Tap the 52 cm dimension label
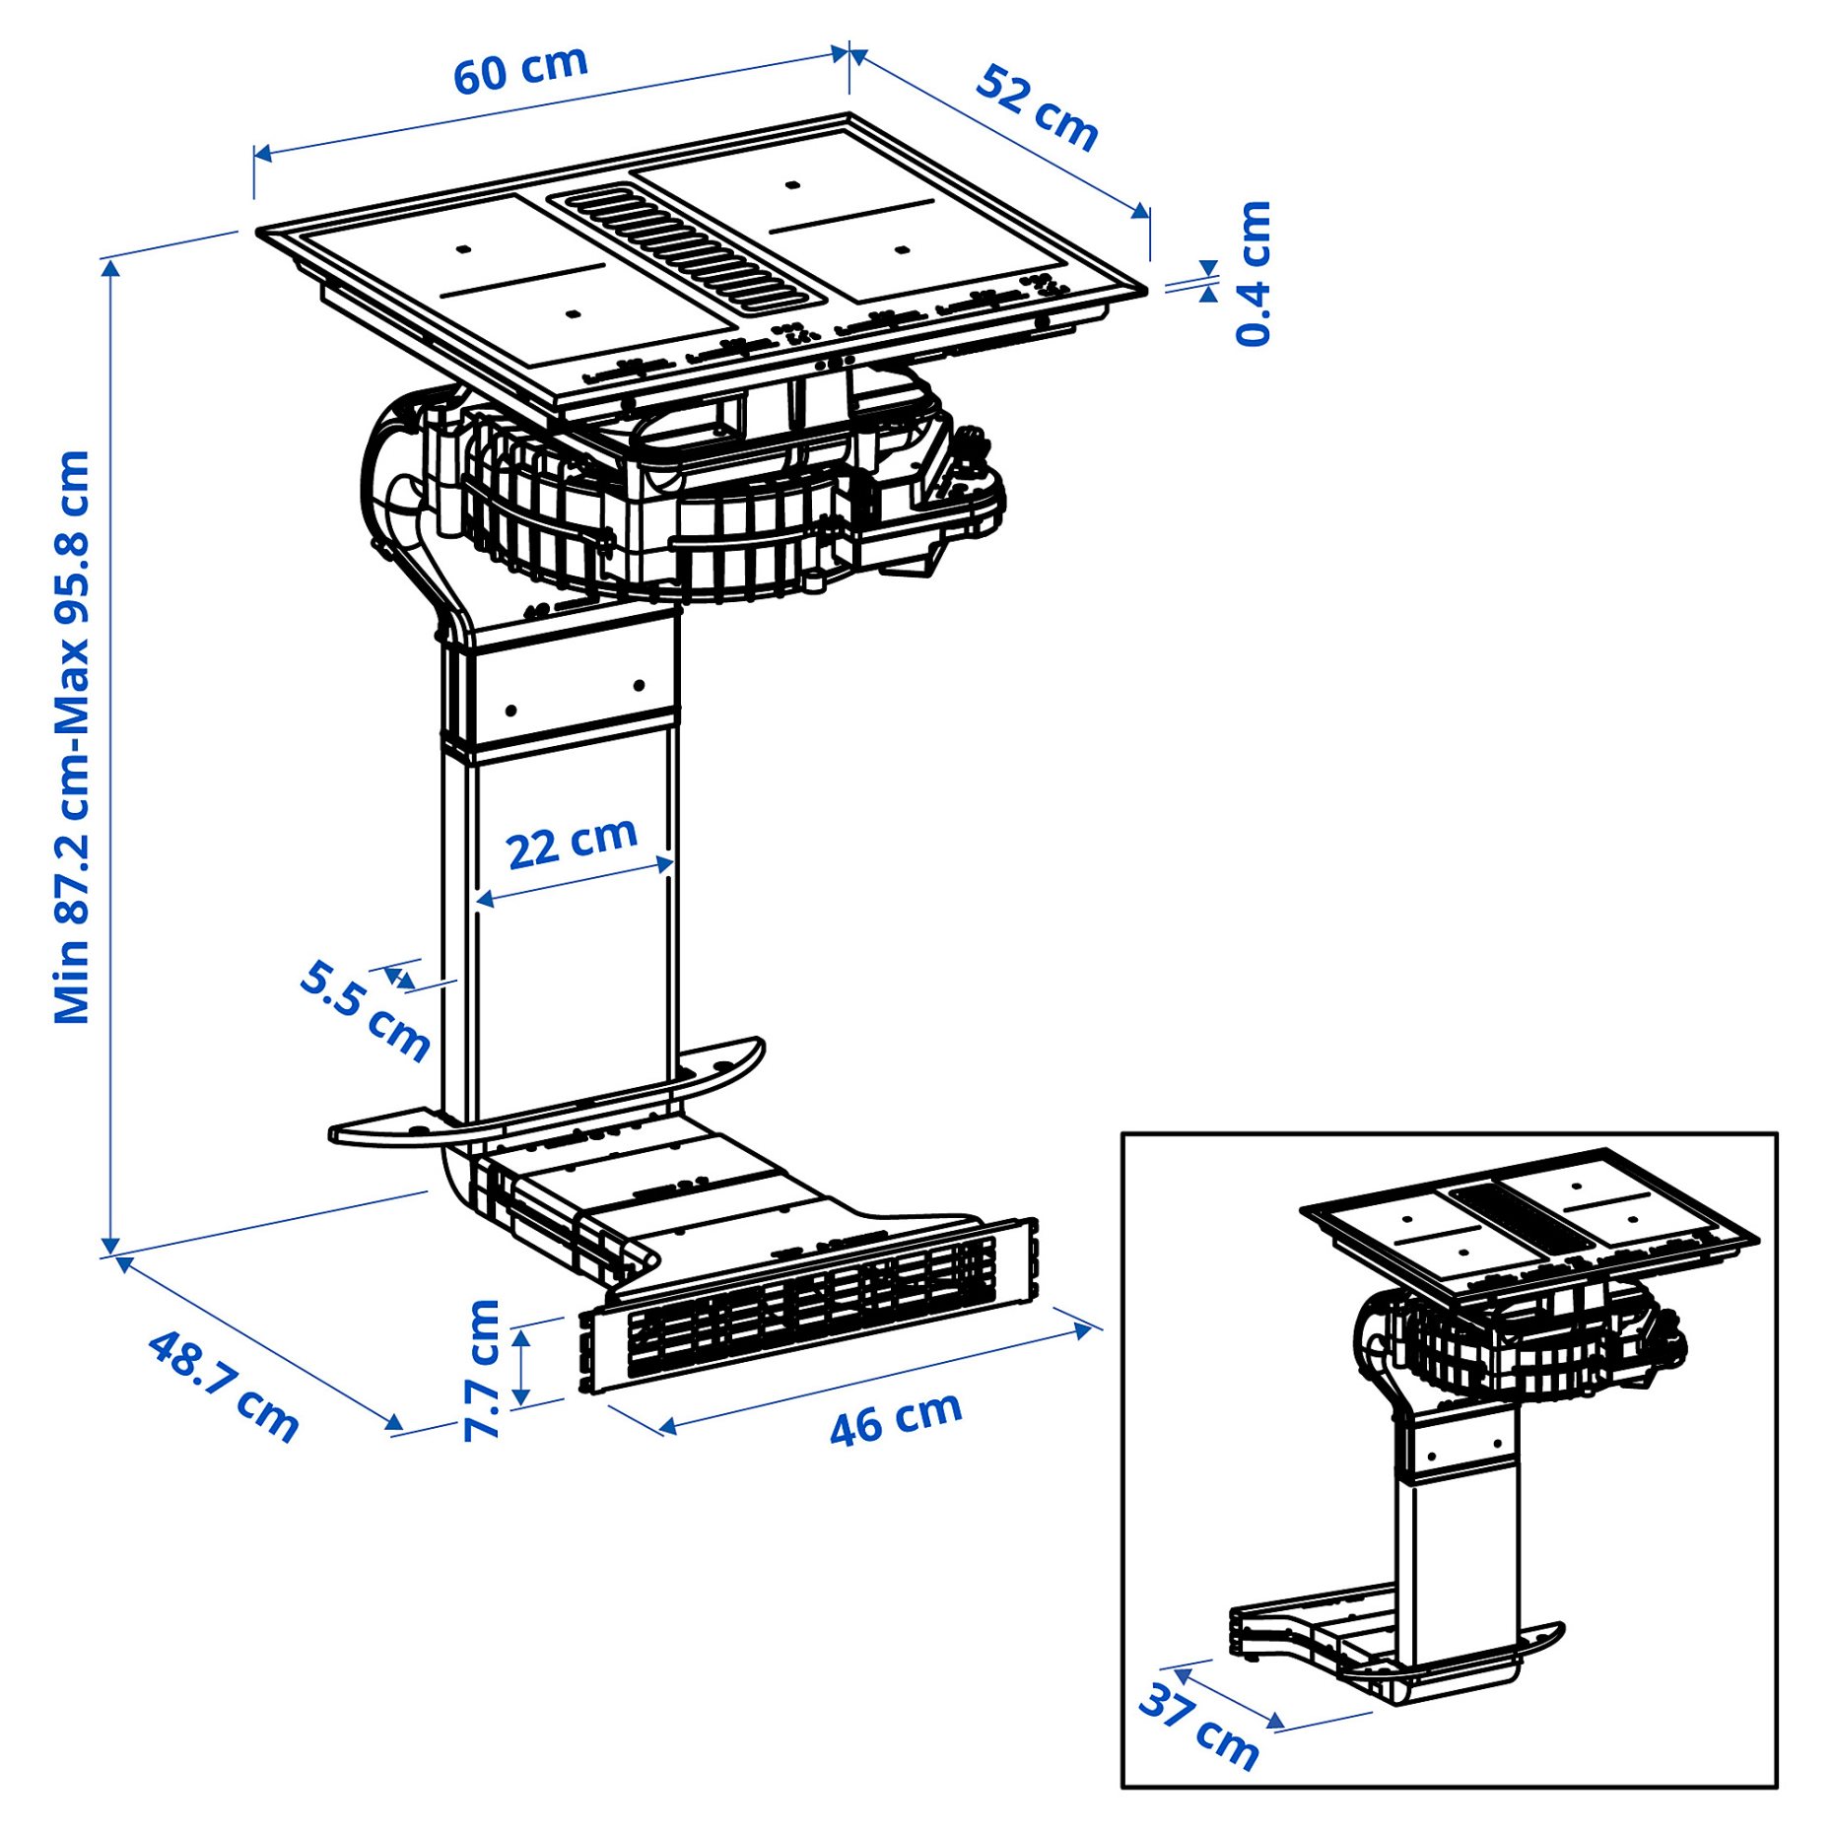tap(1037, 108)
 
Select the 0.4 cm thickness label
tap(1254, 273)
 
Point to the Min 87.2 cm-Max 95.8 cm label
tap(73, 737)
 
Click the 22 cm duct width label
tap(572, 843)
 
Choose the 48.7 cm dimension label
tap(223, 1387)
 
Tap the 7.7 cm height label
tap(483, 1370)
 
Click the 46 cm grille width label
tap(895, 1418)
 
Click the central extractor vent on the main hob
tap(687, 250)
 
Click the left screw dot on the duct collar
tap(510, 711)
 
